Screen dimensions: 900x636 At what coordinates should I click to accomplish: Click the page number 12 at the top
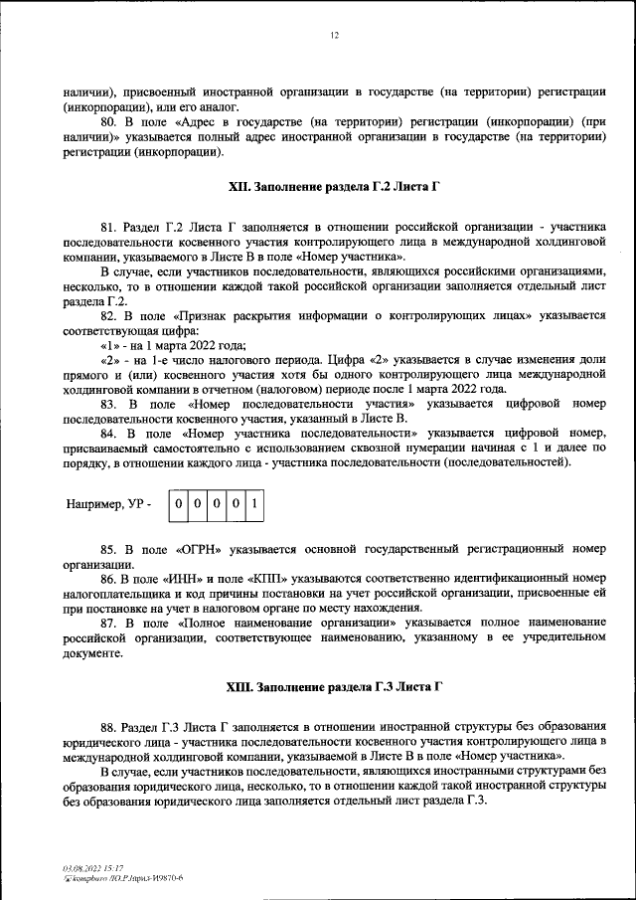[x=335, y=36]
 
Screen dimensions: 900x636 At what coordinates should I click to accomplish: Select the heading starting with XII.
[x=335, y=186]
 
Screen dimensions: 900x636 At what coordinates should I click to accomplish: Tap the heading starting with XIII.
[x=335, y=687]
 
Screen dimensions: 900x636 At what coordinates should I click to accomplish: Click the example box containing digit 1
[x=255, y=504]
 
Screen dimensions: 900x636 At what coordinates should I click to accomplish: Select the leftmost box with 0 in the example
[x=177, y=504]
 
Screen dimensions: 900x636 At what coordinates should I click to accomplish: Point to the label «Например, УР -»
[x=109, y=505]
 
